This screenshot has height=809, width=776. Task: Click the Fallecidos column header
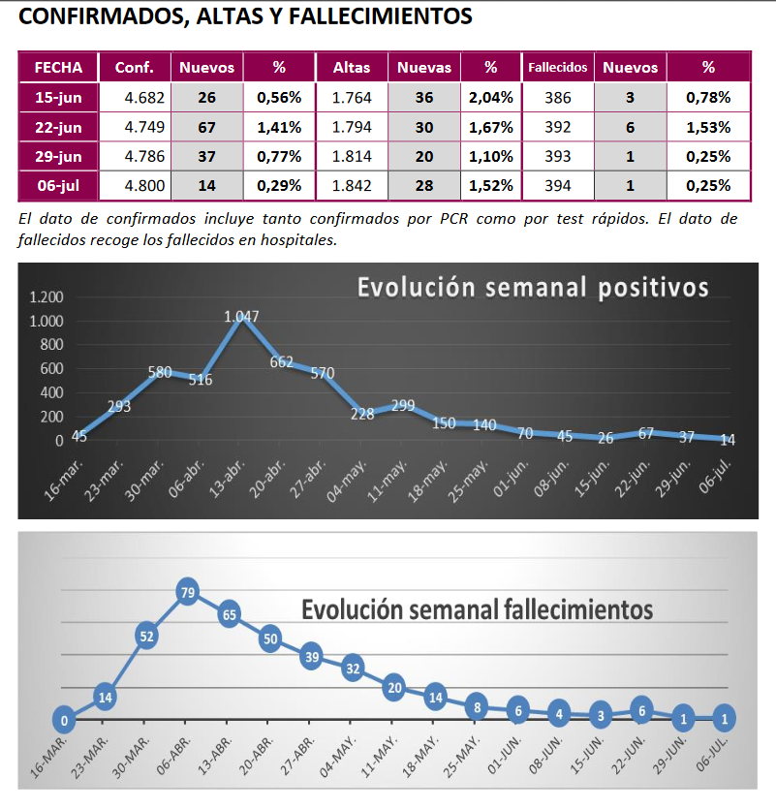pos(558,68)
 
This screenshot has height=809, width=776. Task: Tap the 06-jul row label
pos(58,184)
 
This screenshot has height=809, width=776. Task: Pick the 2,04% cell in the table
pos(490,97)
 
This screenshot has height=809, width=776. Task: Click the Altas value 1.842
pos(352,184)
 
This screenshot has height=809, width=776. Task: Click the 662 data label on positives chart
pos(281,362)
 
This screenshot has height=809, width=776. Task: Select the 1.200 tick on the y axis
pos(45,297)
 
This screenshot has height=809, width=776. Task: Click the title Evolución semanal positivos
pos(533,288)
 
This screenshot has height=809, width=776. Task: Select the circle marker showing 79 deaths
pos(188,591)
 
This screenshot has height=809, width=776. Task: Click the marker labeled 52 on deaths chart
pos(146,637)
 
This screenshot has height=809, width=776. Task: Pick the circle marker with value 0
pos(63,721)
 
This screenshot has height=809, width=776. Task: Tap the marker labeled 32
pos(353,668)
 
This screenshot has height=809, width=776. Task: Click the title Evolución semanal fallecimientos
pos(477,609)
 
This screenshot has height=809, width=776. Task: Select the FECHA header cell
pos(58,68)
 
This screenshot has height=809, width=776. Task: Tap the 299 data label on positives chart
pos(403,406)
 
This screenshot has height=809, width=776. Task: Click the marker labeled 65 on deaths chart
pos(230,613)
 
